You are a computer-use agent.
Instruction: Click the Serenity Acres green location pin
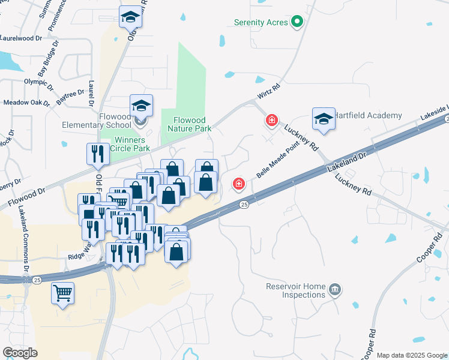297,23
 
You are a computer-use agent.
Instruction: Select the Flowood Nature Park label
189,124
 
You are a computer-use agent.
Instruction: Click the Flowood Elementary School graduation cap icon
141,106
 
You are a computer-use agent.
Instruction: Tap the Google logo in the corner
20,353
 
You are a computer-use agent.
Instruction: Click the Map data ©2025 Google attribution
412,355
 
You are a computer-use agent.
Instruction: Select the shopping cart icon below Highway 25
62,294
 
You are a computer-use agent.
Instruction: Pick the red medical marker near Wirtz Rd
272,121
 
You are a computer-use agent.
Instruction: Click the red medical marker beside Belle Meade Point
239,182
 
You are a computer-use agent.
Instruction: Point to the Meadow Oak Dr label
26,103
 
